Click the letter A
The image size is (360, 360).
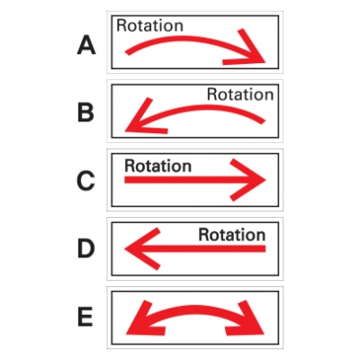coord(86,45)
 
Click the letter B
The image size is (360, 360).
coord(85,112)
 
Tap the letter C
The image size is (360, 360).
coord(85,180)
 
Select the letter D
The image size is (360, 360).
coord(86,248)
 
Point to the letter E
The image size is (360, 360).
coord(85,317)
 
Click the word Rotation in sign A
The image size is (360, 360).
coord(149,25)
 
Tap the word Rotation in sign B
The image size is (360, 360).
coord(240,94)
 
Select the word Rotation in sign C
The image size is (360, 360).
coord(157,166)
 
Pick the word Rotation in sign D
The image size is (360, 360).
coord(232,235)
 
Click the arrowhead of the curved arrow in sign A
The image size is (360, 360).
coord(252,52)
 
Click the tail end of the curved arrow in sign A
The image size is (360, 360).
coord(127,53)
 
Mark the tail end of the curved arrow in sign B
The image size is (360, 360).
coord(263,121)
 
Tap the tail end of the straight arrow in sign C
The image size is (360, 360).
coord(125,180)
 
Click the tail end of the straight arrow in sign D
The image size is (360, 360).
coord(265,248)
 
